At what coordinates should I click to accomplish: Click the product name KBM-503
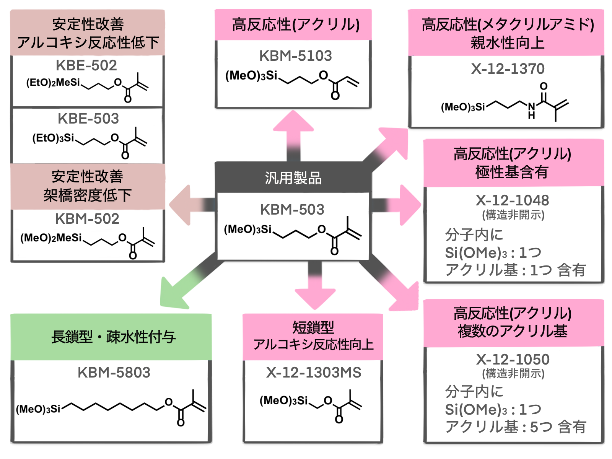coord(292,210)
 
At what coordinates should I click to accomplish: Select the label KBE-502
coord(86,65)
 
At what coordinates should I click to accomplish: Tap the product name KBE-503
coord(88,119)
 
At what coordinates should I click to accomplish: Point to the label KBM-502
coord(87,219)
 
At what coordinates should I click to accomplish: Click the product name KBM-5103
coord(296,56)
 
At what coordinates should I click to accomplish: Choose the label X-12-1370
coord(508,69)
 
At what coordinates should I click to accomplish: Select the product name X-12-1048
coord(512,200)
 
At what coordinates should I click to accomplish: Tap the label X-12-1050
coord(513,359)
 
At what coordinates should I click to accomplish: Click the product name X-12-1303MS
coord(314,372)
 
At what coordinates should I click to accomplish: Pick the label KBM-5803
coord(114,372)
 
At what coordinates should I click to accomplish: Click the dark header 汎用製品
coord(293,178)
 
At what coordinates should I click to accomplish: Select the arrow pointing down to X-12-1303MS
coord(315,291)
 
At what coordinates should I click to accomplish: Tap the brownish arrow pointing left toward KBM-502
coord(187,205)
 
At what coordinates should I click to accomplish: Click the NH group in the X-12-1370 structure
coord(532,110)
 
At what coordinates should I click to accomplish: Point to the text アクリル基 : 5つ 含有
coord(515,426)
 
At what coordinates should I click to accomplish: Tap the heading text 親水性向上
coord(507,42)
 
